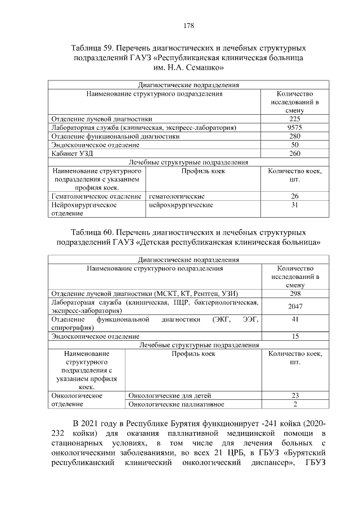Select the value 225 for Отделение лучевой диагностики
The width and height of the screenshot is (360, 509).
(295, 119)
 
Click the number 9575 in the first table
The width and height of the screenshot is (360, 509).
(295, 128)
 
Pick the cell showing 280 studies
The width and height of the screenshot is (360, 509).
(295, 136)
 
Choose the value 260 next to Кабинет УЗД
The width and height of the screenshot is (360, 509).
(295, 153)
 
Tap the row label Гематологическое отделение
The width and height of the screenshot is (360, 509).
(96, 196)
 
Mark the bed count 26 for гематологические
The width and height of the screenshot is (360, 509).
(295, 196)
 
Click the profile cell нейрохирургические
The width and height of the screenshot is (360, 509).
(181, 205)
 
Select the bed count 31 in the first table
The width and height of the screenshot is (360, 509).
(295, 205)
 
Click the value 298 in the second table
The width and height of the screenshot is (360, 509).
(295, 294)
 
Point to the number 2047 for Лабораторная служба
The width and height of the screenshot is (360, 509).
(295, 307)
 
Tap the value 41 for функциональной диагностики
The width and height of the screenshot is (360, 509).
(295, 319)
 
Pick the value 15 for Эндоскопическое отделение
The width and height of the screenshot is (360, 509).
(295, 336)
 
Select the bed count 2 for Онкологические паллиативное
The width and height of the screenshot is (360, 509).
(295, 404)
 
